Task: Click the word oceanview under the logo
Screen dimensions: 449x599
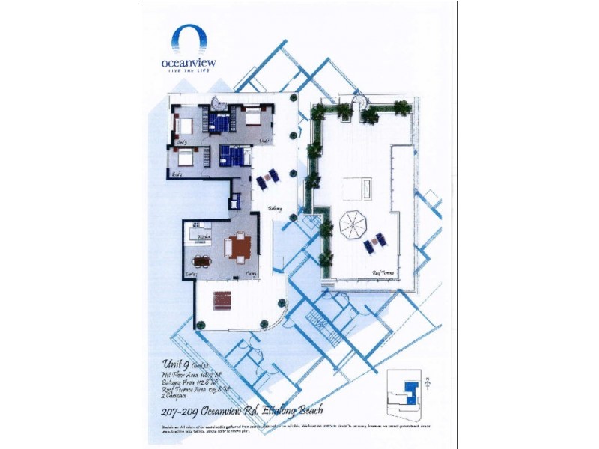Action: point(189,63)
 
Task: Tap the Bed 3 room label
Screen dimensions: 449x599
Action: point(182,141)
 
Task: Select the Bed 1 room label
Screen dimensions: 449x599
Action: point(264,141)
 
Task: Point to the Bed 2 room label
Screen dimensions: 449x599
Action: point(177,174)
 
